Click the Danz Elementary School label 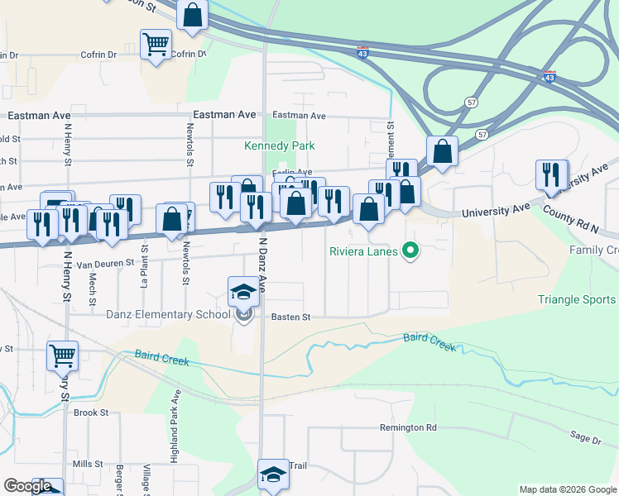click(x=173, y=313)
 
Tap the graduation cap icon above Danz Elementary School click(x=242, y=291)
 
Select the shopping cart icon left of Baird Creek click(x=62, y=355)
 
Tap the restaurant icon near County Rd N click(x=551, y=174)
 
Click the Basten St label click(x=290, y=317)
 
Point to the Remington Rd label click(x=408, y=427)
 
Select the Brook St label click(x=91, y=413)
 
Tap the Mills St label click(x=87, y=464)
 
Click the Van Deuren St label click(x=105, y=263)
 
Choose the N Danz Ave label click(x=262, y=263)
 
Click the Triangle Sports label click(x=578, y=300)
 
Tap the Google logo click(x=28, y=486)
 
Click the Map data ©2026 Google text click(x=567, y=489)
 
